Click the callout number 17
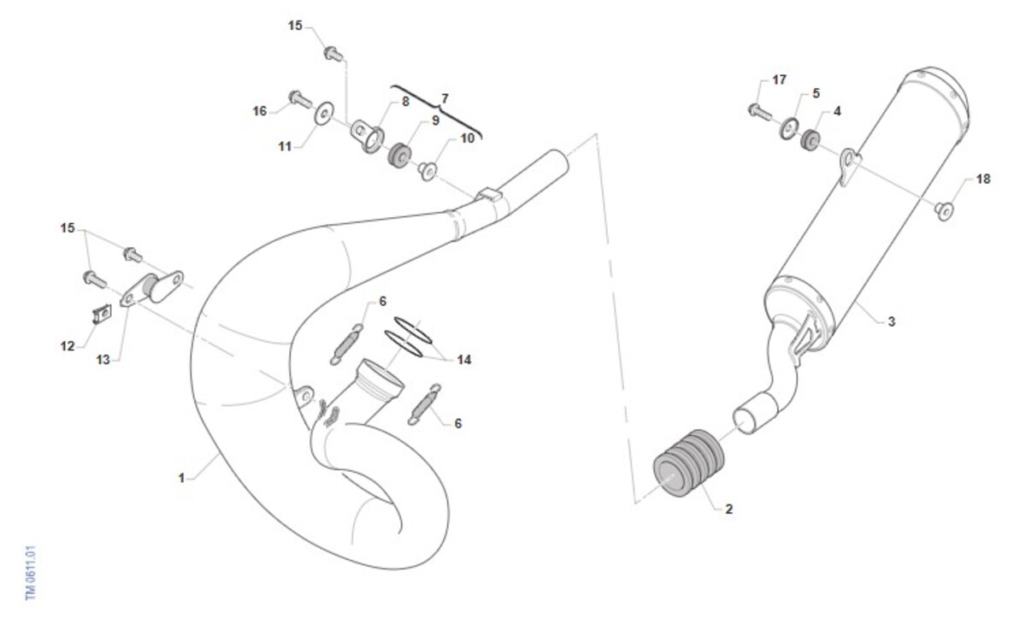(779, 79)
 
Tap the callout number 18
(983, 179)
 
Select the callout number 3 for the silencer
(891, 321)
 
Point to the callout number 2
(728, 509)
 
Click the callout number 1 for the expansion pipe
(181, 478)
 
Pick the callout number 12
(68, 346)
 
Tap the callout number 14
(464, 359)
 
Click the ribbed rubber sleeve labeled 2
(689, 463)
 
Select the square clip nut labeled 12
(103, 314)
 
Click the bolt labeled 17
(760, 112)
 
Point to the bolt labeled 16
(300, 98)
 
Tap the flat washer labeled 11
(324, 113)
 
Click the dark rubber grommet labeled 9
(399, 156)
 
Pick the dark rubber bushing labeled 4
(811, 139)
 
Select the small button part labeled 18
(944, 211)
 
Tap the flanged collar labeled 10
(427, 171)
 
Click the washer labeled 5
(789, 129)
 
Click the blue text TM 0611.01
(30, 573)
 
